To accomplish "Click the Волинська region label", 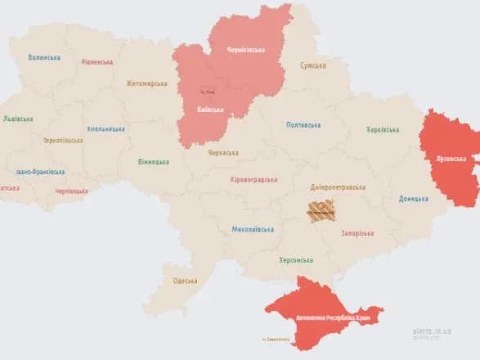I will [x=44, y=57].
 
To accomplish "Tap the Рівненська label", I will [x=98, y=61].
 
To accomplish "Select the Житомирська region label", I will [x=147, y=83].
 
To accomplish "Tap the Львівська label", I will [x=18, y=119].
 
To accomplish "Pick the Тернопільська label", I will [x=63, y=141].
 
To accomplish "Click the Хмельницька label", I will [x=106, y=129].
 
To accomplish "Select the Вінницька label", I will [x=154, y=161].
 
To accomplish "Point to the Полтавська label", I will [x=303, y=125].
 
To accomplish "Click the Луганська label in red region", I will [x=451, y=158].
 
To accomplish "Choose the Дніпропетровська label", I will [x=337, y=187].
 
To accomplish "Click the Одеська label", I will [x=185, y=281].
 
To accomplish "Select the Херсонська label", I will [x=296, y=259].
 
